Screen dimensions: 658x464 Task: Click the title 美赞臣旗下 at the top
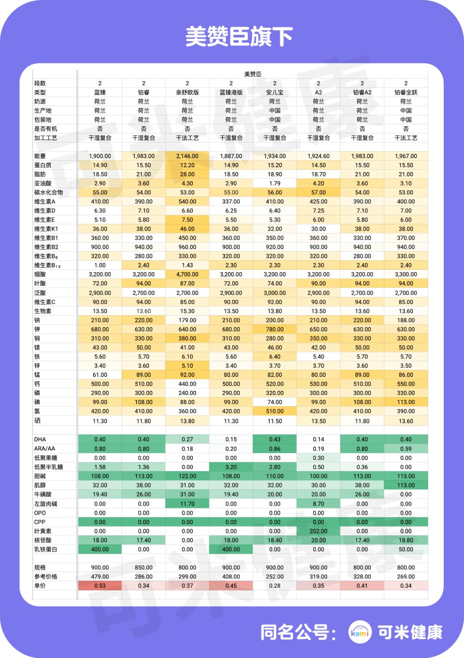pyautogui.click(x=239, y=37)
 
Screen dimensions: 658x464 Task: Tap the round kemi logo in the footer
pyautogui.click(x=360, y=632)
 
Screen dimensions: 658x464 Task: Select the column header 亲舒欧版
pyautogui.click(x=187, y=92)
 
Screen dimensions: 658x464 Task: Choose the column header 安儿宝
pyautogui.click(x=275, y=92)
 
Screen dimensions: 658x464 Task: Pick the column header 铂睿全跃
pyautogui.click(x=406, y=92)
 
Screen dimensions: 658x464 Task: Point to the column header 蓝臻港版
pyautogui.click(x=231, y=92)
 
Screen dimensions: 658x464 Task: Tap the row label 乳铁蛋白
pyautogui.click(x=46, y=549)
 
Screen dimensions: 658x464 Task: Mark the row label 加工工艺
pyautogui.click(x=46, y=138)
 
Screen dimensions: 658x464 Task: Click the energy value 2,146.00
pyautogui.click(x=187, y=156)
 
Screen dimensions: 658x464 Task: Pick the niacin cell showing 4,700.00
pyautogui.click(x=187, y=274)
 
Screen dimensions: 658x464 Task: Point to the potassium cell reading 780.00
pyautogui.click(x=275, y=329)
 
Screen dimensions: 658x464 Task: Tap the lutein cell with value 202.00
pyautogui.click(x=318, y=531)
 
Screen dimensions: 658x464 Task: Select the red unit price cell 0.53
pyautogui.click(x=100, y=586)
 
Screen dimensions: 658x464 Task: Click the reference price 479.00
pyautogui.click(x=100, y=577)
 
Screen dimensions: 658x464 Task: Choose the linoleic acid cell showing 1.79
pyautogui.click(x=275, y=184)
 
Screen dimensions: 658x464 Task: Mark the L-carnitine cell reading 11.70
pyautogui.click(x=187, y=504)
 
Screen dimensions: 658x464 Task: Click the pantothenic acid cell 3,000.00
pyautogui.click(x=275, y=293)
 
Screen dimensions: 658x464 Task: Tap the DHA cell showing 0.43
pyautogui.click(x=275, y=439)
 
